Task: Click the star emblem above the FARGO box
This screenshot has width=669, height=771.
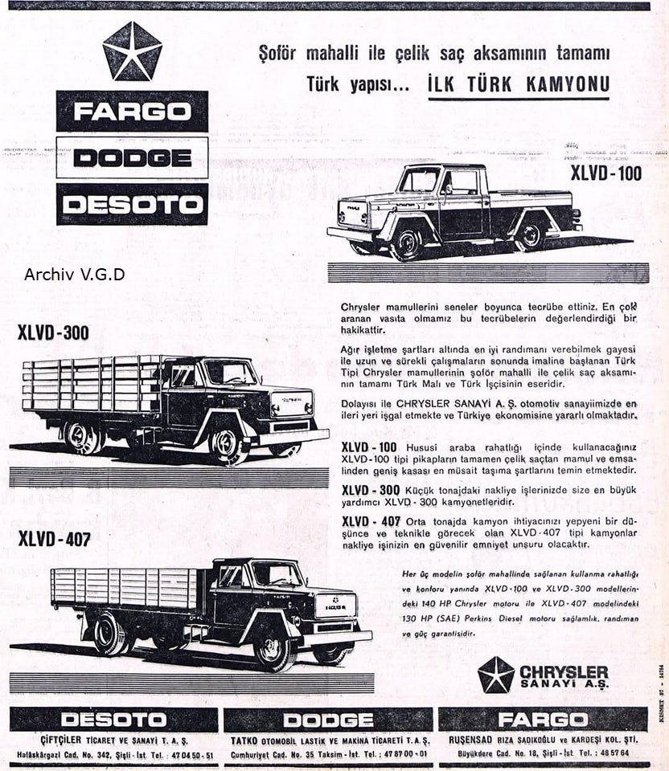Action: (x=132, y=51)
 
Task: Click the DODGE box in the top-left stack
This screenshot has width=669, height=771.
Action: (x=132, y=157)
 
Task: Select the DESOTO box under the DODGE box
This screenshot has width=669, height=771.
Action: (x=132, y=204)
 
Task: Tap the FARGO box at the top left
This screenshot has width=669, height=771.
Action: (x=132, y=111)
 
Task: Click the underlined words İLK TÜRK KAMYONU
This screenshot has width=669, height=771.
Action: (x=519, y=84)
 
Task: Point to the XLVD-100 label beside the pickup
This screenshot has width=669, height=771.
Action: (x=605, y=173)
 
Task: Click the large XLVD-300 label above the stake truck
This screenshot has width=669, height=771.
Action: (x=53, y=332)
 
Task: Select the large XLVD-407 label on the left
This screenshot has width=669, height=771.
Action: (x=54, y=539)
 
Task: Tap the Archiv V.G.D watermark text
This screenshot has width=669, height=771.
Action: (x=74, y=275)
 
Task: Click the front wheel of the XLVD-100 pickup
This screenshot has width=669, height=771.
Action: (x=407, y=242)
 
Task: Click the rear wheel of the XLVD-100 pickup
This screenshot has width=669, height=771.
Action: (x=529, y=235)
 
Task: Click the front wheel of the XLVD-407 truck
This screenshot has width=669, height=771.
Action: (x=273, y=648)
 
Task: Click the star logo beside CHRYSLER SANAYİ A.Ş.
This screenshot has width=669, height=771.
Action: (x=495, y=675)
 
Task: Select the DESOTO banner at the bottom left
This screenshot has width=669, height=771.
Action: (x=113, y=719)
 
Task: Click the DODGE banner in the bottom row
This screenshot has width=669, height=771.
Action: (x=328, y=719)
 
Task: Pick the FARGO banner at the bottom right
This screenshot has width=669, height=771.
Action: (x=542, y=719)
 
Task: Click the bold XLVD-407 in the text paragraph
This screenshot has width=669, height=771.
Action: (x=371, y=522)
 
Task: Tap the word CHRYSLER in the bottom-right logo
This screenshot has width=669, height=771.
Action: (x=564, y=671)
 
